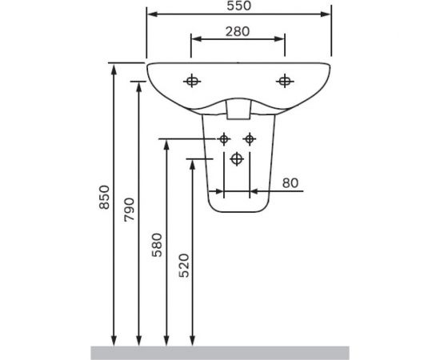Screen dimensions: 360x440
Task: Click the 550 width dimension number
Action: pyautogui.click(x=238, y=6)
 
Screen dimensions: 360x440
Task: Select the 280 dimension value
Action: pyautogui.click(x=238, y=32)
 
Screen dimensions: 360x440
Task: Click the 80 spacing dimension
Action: pyautogui.click(x=290, y=183)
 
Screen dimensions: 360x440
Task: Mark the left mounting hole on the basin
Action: pyautogui.click(x=191, y=80)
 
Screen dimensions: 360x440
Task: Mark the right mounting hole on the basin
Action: pyautogui.click(x=284, y=80)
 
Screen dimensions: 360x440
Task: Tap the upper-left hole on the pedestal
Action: pyautogui.click(x=224, y=139)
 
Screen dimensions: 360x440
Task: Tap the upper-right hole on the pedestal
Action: pyautogui.click(x=250, y=139)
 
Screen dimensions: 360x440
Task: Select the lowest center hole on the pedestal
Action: pyautogui.click(x=237, y=159)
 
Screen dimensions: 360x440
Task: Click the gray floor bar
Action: pyautogui.click(x=220, y=353)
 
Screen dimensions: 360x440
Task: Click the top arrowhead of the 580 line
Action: pyautogui.click(x=166, y=145)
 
